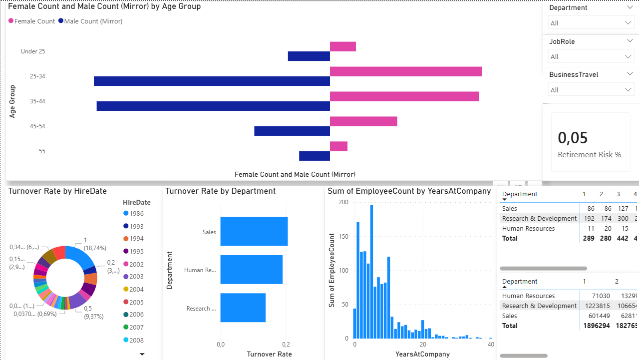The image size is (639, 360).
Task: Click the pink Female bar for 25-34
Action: (405, 71)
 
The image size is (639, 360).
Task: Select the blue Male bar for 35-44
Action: (213, 106)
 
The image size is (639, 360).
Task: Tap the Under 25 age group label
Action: (33, 51)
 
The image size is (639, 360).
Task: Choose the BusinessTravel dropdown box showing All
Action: (591, 90)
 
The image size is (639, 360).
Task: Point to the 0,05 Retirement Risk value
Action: (573, 138)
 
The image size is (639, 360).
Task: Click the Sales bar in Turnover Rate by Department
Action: (254, 232)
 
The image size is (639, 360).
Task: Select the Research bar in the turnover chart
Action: (243, 308)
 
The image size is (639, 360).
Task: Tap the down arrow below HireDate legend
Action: (142, 354)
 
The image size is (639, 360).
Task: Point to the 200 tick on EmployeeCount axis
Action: (343, 202)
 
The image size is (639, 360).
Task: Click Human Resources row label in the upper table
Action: (528, 229)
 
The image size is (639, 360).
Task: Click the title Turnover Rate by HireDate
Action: (57, 191)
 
